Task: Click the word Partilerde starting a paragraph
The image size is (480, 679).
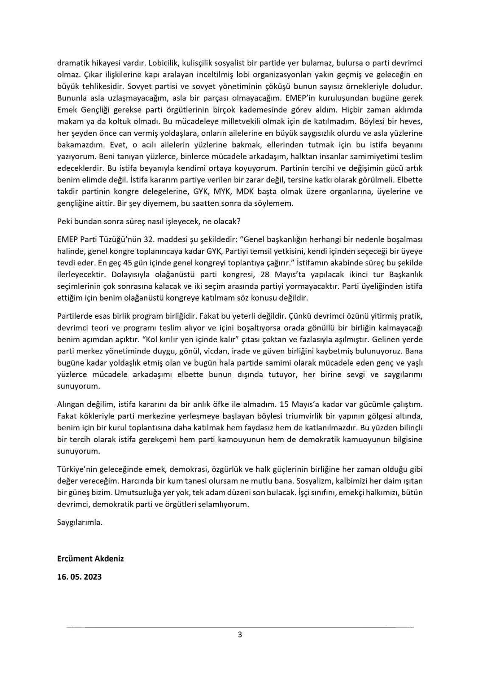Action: [x=73, y=317]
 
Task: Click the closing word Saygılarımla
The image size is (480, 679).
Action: [x=80, y=522]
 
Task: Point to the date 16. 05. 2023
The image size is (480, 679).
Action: [x=79, y=577]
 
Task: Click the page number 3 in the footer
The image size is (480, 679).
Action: [x=240, y=635]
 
